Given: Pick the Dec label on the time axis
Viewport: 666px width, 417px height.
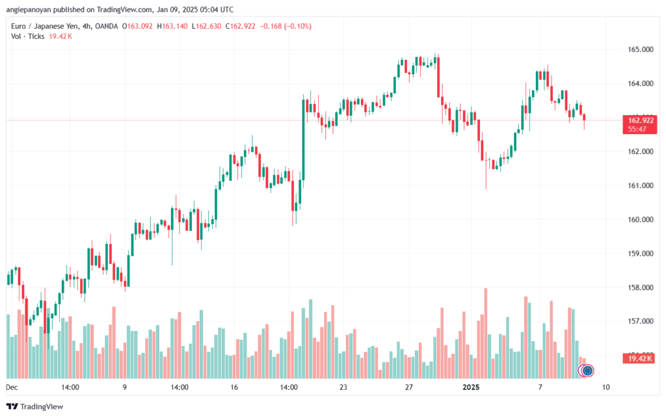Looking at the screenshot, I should coord(10,387).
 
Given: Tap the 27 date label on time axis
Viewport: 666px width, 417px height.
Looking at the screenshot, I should coord(408,387).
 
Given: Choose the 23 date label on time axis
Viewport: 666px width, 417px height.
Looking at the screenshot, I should coord(343,387).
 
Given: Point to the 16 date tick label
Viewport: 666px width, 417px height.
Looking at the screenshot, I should coord(234,387).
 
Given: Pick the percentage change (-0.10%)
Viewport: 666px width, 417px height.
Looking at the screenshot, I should coord(297,26).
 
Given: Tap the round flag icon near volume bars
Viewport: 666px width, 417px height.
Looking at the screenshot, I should coord(587,370).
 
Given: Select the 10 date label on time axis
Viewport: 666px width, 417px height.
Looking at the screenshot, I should coord(606,387).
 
